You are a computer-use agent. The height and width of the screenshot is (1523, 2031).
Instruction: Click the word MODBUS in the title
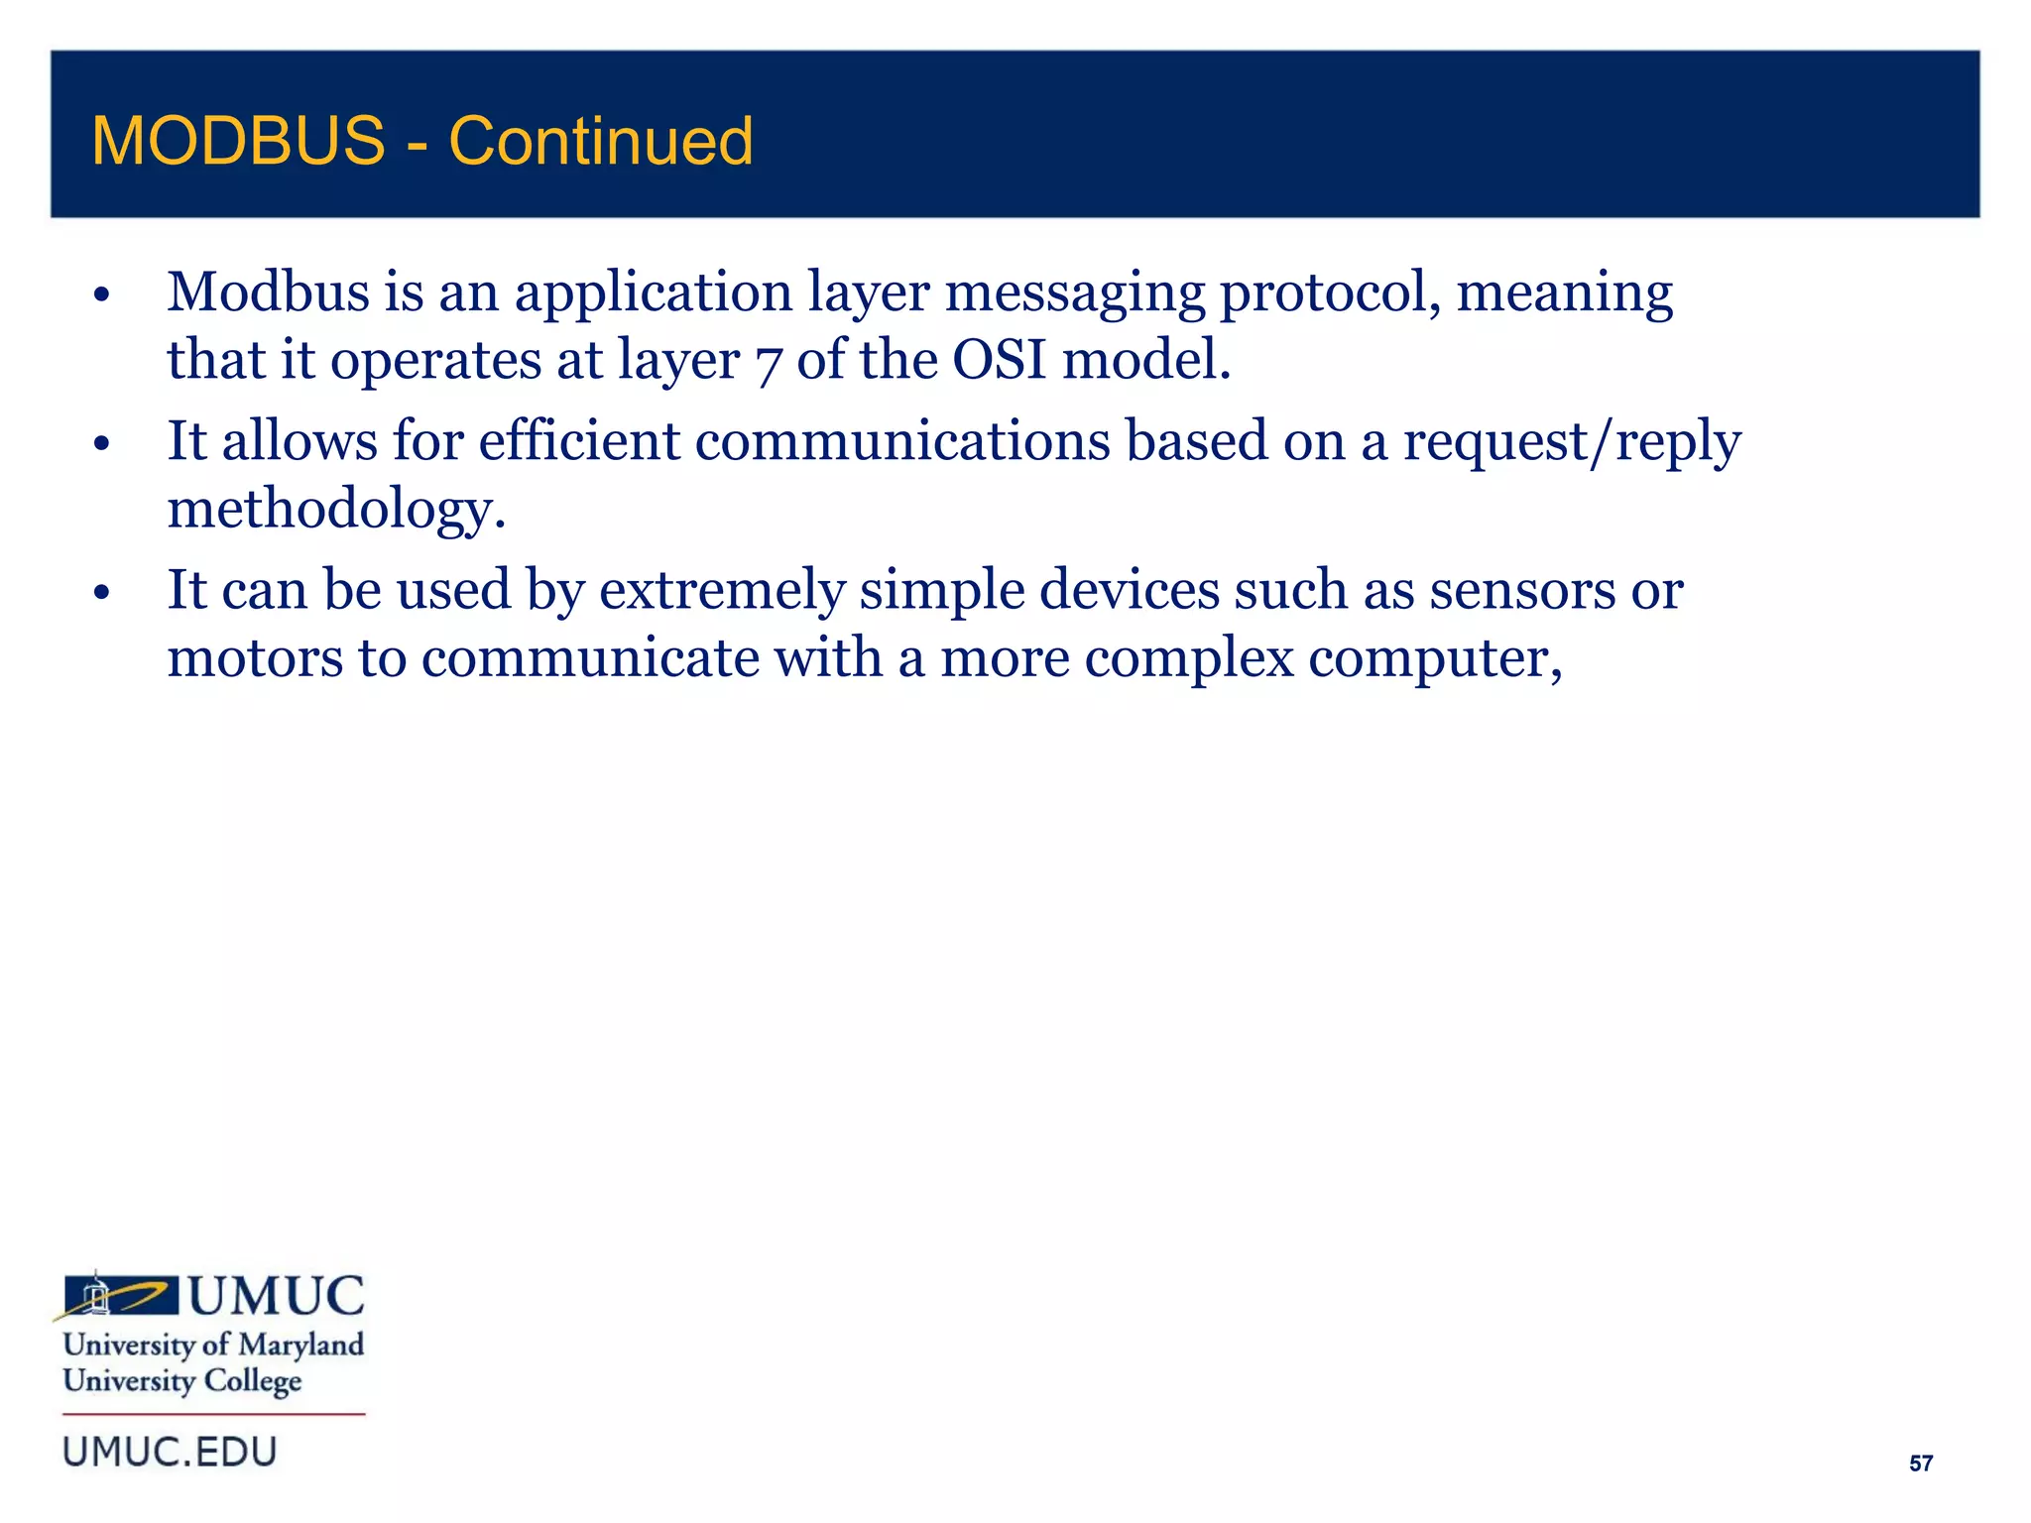238,141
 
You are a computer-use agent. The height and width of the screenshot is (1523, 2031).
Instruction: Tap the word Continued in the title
601,141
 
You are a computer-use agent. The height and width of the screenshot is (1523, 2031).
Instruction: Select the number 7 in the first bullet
768,363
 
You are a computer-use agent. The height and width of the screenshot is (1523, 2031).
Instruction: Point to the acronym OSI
999,359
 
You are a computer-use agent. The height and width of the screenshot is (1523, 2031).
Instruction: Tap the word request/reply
1571,442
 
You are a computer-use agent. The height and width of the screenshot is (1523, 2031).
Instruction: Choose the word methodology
335,510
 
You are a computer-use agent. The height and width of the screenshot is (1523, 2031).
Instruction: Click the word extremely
722,591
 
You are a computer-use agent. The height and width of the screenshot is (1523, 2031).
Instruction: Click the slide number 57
1920,1464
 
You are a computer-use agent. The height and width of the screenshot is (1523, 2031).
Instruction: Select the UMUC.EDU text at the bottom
170,1452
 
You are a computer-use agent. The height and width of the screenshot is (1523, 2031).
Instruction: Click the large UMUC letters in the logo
277,1296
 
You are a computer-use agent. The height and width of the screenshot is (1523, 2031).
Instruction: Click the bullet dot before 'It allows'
101,444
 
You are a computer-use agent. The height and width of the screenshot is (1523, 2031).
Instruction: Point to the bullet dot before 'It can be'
101,593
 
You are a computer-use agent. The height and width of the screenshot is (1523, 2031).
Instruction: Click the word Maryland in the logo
301,1346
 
